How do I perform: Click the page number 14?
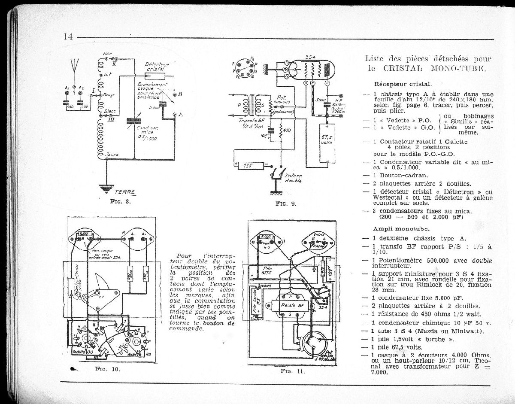pyautogui.click(x=68, y=36)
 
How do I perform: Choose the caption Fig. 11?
pyautogui.click(x=293, y=371)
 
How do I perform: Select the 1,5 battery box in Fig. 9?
pyautogui.click(x=245, y=165)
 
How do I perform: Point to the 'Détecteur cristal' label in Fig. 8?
pyautogui.click(x=158, y=66)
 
